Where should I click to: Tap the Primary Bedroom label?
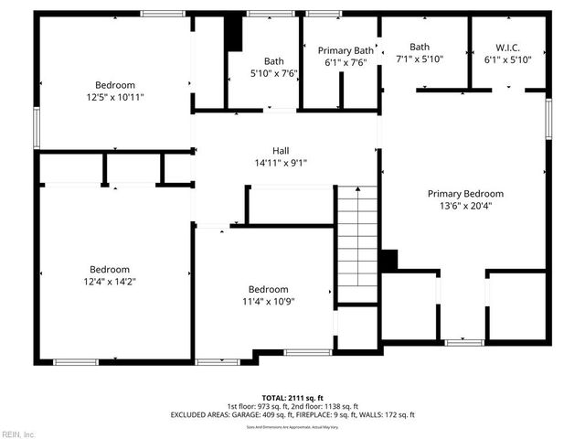pos(465,194)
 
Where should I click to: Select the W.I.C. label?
pos(507,47)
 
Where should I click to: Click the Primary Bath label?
pos(346,50)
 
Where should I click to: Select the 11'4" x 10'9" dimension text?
pos(269,301)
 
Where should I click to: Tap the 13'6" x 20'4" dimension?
pos(465,206)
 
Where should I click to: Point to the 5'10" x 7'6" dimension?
pos(274,73)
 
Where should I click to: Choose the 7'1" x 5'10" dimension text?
pos(420,59)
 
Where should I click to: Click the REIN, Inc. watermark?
pos(18,434)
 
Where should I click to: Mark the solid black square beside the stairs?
pos(388,260)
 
